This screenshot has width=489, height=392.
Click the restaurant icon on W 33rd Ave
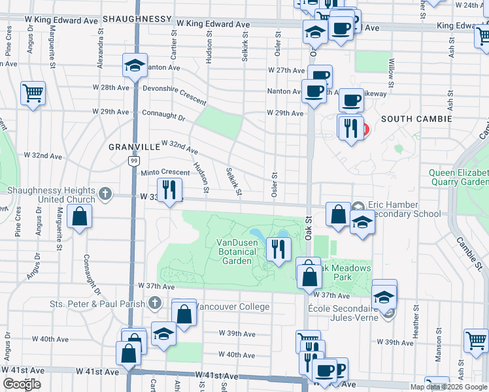pos(169,190)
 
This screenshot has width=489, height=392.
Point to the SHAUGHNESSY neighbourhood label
pos(136,20)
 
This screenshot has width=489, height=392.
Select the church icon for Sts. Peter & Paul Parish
pos(154,302)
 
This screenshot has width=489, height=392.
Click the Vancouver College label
pos(232,306)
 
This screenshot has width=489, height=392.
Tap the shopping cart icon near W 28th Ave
pos(32,92)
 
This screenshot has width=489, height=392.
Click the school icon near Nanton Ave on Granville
pos(135,65)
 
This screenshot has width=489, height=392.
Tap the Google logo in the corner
pos(22,384)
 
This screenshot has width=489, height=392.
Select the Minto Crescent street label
pos(165,172)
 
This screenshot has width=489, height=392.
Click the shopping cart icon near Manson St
pos(475,339)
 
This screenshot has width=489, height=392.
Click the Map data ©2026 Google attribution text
pos(448,387)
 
